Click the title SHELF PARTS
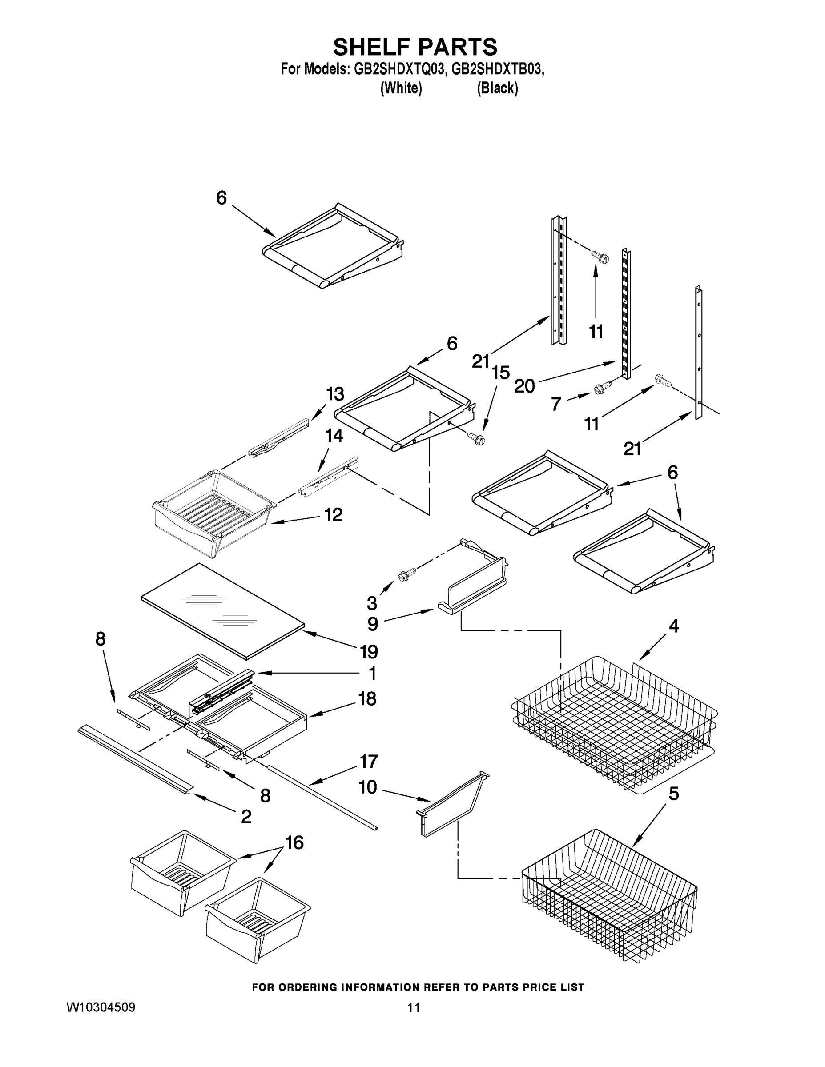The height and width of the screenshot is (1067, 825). [x=415, y=47]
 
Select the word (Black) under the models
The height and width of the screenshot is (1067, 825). [x=497, y=88]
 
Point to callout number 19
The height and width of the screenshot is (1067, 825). [x=369, y=651]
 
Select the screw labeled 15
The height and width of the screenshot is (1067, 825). [x=475, y=438]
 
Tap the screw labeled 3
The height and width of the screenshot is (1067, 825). [x=406, y=574]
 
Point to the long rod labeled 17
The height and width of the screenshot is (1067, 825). [x=322, y=794]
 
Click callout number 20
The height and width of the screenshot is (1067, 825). [x=524, y=386]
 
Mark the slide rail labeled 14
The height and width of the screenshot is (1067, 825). [x=327, y=480]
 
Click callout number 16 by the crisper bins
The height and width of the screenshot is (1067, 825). [x=294, y=842]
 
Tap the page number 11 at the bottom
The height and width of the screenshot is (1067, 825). [x=414, y=1007]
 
